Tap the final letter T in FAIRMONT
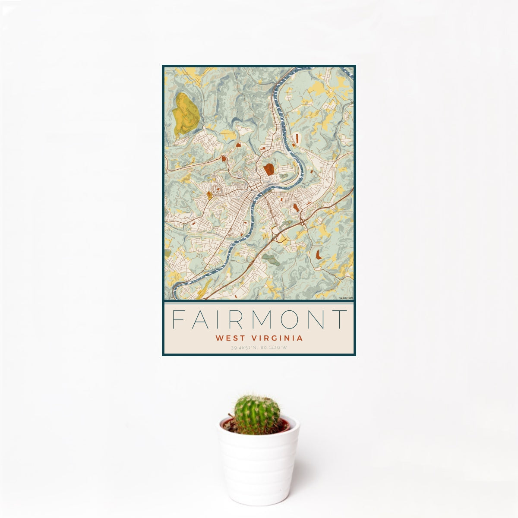(x=341, y=319)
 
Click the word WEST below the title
(x=229, y=338)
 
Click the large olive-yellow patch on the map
(x=185, y=114)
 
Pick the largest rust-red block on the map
(x=269, y=169)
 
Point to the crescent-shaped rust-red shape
(x=319, y=254)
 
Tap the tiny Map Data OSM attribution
(x=346, y=298)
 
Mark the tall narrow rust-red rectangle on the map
(x=297, y=138)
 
